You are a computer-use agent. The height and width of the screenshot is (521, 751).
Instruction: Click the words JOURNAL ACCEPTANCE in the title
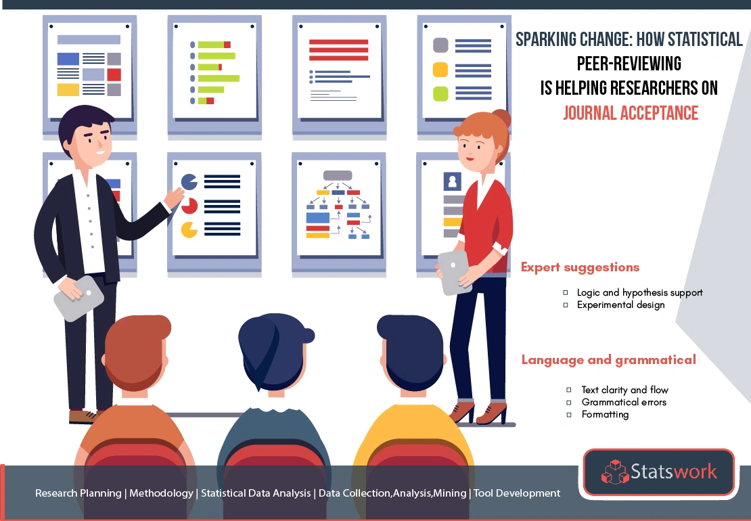[631, 113]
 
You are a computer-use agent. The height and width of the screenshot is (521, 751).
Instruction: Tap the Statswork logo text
[673, 471]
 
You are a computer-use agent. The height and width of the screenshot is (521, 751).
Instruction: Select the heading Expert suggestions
[580, 267]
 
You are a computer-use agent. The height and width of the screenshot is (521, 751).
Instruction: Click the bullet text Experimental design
[620, 305]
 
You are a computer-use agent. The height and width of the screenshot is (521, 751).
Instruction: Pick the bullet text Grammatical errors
[624, 402]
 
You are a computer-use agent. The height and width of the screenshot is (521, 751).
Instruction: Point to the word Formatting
[605, 415]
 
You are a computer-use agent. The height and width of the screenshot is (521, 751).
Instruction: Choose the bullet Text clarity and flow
[624, 390]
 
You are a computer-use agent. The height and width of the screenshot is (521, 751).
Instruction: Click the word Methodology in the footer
[162, 493]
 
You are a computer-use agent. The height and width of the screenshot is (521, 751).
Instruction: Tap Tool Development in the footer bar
[517, 493]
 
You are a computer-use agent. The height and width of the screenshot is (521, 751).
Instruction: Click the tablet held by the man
[78, 297]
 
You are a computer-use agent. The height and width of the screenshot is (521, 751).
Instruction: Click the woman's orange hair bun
[501, 118]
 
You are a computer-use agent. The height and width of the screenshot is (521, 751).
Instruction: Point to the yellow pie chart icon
[189, 229]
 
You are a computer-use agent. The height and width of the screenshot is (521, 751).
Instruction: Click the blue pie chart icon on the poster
[189, 182]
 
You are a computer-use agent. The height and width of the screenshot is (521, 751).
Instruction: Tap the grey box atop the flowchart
[338, 175]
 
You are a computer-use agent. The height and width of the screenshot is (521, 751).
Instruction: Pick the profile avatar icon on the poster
[452, 181]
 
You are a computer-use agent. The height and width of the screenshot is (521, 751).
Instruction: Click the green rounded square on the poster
[440, 94]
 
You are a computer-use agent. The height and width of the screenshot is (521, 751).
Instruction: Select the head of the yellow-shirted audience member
[411, 353]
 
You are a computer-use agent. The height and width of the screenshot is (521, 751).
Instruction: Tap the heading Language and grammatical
[609, 360]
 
